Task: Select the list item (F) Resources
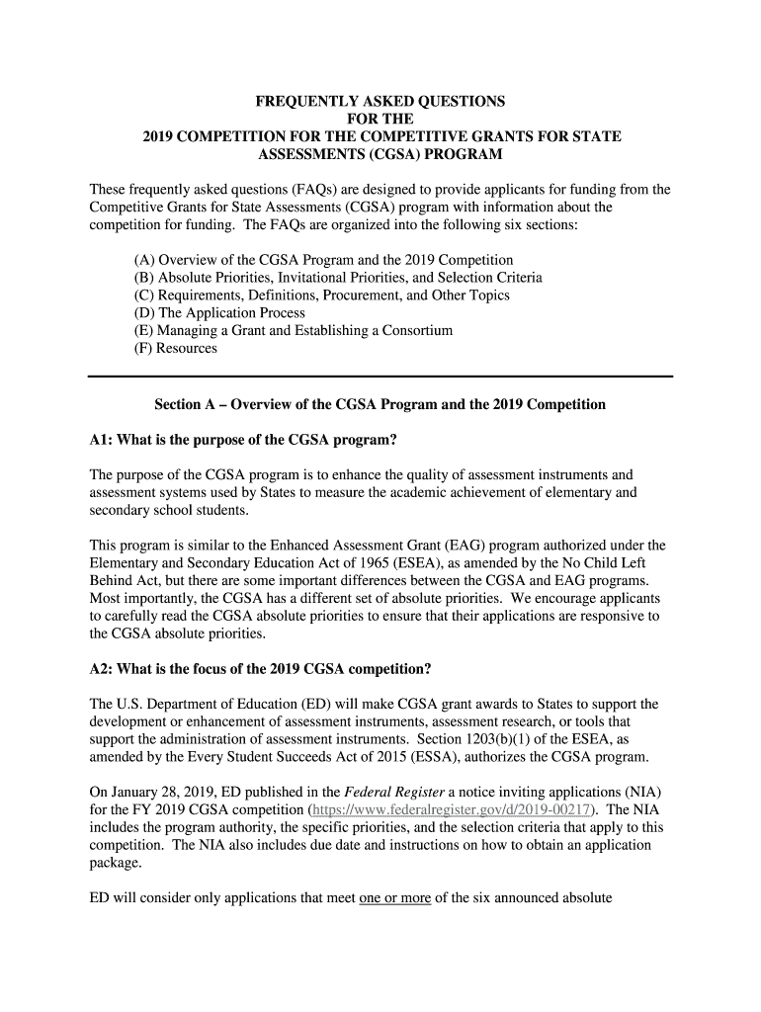(x=176, y=348)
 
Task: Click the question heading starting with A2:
(x=261, y=668)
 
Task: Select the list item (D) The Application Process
(x=219, y=312)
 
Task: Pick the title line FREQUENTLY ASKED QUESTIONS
(x=380, y=102)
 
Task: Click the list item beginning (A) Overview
(x=324, y=260)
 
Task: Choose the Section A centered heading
(x=380, y=405)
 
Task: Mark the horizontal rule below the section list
(x=380, y=377)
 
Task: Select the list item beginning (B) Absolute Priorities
(x=338, y=278)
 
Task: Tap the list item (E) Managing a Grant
(x=294, y=330)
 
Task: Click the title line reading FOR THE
(x=380, y=120)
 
